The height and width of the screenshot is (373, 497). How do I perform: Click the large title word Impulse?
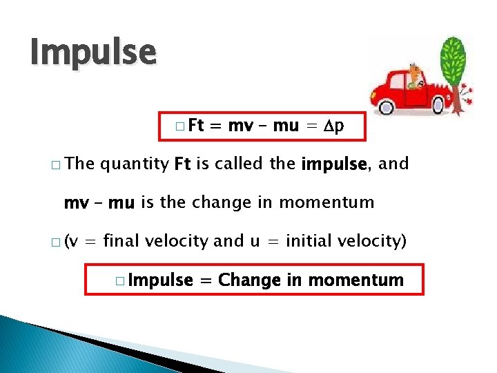click(x=93, y=52)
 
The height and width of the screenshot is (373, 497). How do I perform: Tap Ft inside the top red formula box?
click(x=195, y=126)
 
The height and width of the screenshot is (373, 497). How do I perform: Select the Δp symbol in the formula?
click(x=336, y=126)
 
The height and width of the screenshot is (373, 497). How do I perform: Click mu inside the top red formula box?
click(x=286, y=126)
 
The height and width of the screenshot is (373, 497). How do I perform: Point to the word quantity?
click(x=135, y=164)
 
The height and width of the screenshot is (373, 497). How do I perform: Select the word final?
click(x=136, y=241)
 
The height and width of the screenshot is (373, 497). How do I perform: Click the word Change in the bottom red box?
click(x=249, y=280)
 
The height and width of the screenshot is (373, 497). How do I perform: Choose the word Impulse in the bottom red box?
click(x=161, y=280)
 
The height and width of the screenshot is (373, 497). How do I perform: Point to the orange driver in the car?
click(x=415, y=75)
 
